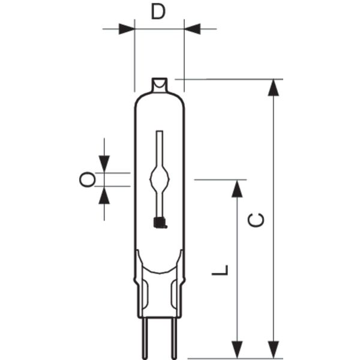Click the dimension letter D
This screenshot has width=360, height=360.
click(158, 12)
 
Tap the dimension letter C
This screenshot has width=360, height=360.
click(256, 220)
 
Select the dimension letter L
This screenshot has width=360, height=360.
click(220, 270)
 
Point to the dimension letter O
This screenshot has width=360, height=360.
click(87, 179)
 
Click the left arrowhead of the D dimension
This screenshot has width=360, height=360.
click(127, 29)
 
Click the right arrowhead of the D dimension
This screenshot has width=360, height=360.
click(193, 29)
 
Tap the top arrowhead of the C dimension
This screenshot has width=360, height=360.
click(273, 88)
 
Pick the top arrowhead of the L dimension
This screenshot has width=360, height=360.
click(237, 189)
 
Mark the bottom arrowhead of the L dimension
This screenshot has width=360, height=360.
click(237, 350)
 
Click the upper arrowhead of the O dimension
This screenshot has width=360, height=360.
click(104, 164)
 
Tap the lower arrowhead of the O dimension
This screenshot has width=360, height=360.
click(104, 195)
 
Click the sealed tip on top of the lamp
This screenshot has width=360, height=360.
click(160, 85)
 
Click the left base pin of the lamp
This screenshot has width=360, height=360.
click(145, 338)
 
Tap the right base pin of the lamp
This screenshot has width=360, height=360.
click(174, 338)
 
